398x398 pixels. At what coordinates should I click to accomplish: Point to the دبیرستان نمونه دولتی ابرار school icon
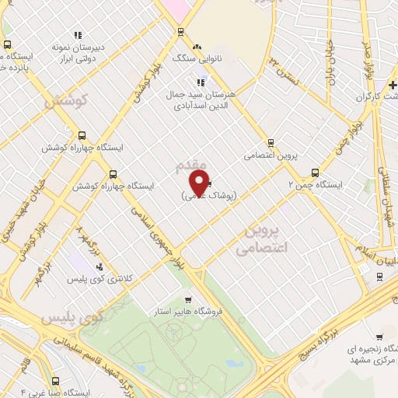coord(77,35)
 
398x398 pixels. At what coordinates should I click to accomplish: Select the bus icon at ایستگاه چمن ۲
coord(314,173)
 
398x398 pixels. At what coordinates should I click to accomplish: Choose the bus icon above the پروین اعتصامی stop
coord(271,142)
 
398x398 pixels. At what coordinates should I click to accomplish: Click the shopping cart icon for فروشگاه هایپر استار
coord(187,300)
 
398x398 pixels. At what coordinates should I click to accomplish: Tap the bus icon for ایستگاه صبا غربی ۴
coord(54,381)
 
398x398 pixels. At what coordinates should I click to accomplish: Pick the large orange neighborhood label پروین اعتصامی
coord(261,240)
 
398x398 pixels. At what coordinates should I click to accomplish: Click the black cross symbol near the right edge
coord(393,83)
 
